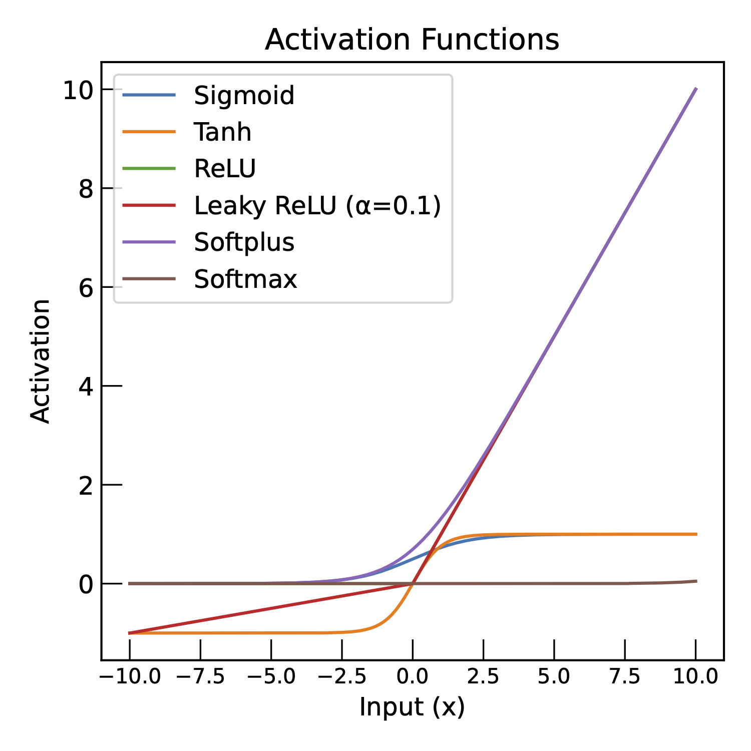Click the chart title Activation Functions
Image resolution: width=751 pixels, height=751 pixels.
click(x=412, y=40)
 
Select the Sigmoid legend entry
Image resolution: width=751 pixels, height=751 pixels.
click(x=244, y=95)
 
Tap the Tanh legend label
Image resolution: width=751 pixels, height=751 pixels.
click(x=222, y=132)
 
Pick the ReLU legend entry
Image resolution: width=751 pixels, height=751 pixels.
click(x=225, y=169)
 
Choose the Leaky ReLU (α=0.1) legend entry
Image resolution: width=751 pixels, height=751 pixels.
click(x=317, y=205)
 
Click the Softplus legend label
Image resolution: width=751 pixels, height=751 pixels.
click(x=244, y=242)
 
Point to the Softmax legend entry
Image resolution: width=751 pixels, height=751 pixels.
click(x=245, y=279)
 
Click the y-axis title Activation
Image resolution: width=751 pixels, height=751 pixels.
click(x=40, y=361)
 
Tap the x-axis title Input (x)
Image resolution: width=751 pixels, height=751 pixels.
click(x=412, y=707)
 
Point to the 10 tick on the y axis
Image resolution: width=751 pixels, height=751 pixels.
click(x=78, y=91)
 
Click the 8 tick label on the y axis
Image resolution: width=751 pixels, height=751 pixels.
click(x=86, y=190)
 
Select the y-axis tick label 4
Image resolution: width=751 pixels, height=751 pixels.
click(x=86, y=387)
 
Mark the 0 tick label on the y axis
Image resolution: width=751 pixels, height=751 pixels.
click(x=86, y=585)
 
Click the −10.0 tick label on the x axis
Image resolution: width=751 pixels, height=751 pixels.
click(x=130, y=677)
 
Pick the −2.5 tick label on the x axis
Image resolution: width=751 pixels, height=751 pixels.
click(x=342, y=677)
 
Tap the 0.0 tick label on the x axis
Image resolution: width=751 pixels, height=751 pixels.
click(x=412, y=677)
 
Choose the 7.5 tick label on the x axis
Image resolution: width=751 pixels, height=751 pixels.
click(x=624, y=677)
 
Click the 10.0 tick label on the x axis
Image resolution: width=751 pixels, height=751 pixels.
click(x=695, y=677)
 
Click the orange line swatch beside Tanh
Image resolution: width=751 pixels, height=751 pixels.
click(x=149, y=132)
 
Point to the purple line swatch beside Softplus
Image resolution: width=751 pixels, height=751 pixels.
click(x=149, y=242)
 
